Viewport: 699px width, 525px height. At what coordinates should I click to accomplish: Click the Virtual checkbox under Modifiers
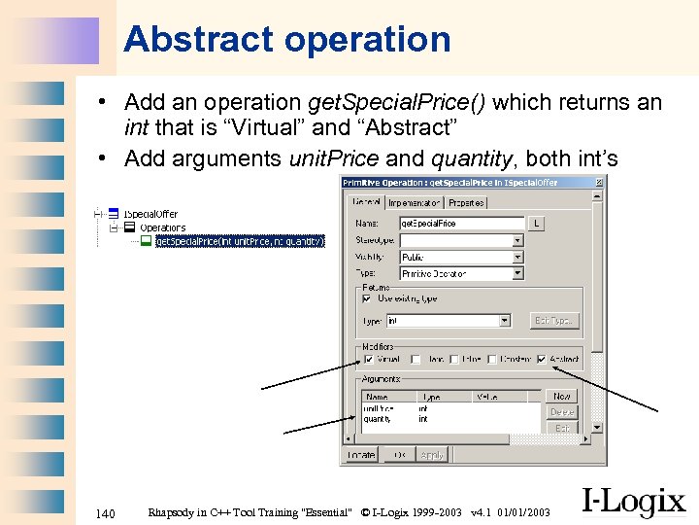coord(368,360)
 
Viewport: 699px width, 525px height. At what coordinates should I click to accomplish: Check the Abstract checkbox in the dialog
coord(542,360)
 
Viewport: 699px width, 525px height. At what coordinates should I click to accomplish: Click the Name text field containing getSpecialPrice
coord(461,224)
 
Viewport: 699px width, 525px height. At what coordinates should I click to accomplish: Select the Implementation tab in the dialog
coord(415,203)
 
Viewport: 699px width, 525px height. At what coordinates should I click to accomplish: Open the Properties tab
coord(466,203)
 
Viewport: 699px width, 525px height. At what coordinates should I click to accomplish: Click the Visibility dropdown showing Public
coord(461,257)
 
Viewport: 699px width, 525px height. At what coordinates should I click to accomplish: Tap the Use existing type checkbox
coord(368,298)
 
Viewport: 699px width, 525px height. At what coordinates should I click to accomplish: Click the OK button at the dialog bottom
coord(398,454)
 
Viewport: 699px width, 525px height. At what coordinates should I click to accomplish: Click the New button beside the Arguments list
coord(562,397)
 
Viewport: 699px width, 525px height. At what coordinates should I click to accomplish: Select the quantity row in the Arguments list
coord(378,419)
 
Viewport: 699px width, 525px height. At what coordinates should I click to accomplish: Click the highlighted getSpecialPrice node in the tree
coord(239,241)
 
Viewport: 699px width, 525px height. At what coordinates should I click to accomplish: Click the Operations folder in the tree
coord(162,227)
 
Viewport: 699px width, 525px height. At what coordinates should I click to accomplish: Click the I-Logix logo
coord(632,501)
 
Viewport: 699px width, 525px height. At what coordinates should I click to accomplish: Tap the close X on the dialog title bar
coord(598,182)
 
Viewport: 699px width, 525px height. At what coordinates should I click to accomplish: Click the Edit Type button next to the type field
coord(554,320)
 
